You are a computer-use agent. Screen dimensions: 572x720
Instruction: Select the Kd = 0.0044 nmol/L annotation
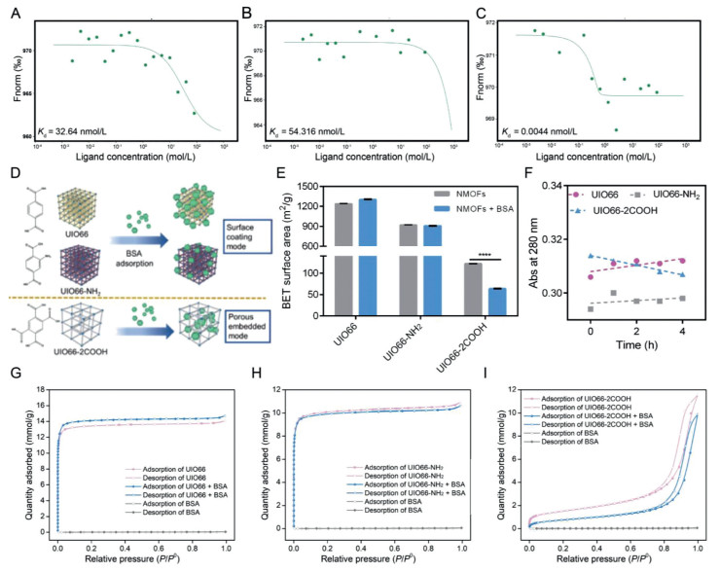pos(555,132)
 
